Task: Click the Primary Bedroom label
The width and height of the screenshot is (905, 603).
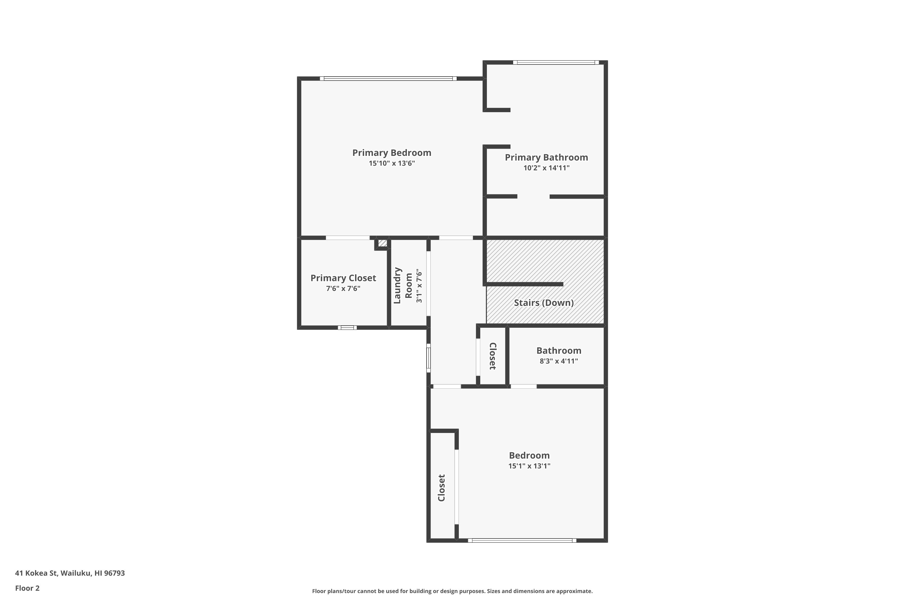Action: click(x=392, y=153)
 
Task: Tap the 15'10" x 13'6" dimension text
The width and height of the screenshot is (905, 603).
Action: click(x=392, y=163)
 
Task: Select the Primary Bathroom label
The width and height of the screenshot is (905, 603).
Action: click(x=546, y=157)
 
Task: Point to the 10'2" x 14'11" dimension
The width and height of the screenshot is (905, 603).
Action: click(x=546, y=168)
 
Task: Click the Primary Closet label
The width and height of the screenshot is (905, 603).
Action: click(x=343, y=278)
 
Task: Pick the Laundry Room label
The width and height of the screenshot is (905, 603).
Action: click(x=403, y=285)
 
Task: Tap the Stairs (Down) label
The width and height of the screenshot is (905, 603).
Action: click(x=544, y=303)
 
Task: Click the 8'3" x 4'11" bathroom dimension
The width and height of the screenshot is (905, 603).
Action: click(x=559, y=361)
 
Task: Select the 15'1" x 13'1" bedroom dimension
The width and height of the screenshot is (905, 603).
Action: click(x=529, y=466)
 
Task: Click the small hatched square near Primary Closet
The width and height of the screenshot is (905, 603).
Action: click(x=383, y=243)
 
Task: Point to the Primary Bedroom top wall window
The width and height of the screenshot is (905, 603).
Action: click(x=388, y=78)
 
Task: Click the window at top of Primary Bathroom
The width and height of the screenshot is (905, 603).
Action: click(x=556, y=62)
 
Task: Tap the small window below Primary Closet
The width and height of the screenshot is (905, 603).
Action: click(x=347, y=328)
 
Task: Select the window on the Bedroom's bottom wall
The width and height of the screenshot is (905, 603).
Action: click(x=522, y=540)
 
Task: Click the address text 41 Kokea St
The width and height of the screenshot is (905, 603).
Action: click(x=36, y=573)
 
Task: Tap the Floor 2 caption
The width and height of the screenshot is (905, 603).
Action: click(x=27, y=588)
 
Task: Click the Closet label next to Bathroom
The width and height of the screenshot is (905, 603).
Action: click(x=493, y=356)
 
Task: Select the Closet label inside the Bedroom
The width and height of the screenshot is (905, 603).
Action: click(x=441, y=488)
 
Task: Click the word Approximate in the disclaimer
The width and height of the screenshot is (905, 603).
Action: click(x=574, y=591)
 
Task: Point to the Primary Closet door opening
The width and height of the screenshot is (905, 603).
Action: click(x=348, y=238)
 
